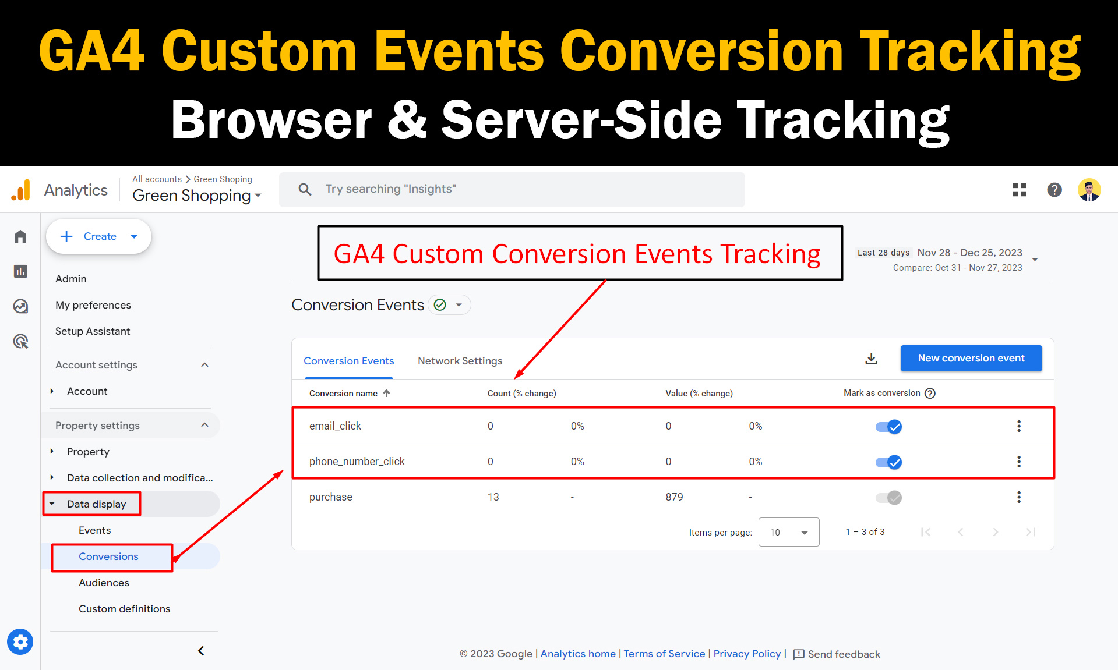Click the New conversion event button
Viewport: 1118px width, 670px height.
[971, 358]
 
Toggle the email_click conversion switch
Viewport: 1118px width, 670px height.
[888, 427]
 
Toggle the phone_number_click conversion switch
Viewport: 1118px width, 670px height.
[888, 462]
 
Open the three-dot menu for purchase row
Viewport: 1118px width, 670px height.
[1019, 497]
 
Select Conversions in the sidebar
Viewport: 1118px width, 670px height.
[108, 556]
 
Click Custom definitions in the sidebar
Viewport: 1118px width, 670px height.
[125, 609]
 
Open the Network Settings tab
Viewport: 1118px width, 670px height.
[460, 361]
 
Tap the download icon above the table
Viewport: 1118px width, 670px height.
[871, 359]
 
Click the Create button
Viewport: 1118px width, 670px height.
[99, 236]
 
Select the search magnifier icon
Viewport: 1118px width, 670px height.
[305, 189]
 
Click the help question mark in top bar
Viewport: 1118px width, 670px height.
[1054, 190]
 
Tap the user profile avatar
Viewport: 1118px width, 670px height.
[1089, 190]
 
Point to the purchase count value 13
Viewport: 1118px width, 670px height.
[493, 497]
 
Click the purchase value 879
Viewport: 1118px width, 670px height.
[674, 497]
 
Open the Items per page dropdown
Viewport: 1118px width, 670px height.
[789, 532]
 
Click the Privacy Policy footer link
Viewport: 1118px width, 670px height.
[747, 654]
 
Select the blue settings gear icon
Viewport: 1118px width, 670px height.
[20, 642]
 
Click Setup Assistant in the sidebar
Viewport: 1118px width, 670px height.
[93, 331]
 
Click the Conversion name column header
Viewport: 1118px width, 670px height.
[343, 394]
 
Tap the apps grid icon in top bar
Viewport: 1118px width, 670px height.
[1020, 190]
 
